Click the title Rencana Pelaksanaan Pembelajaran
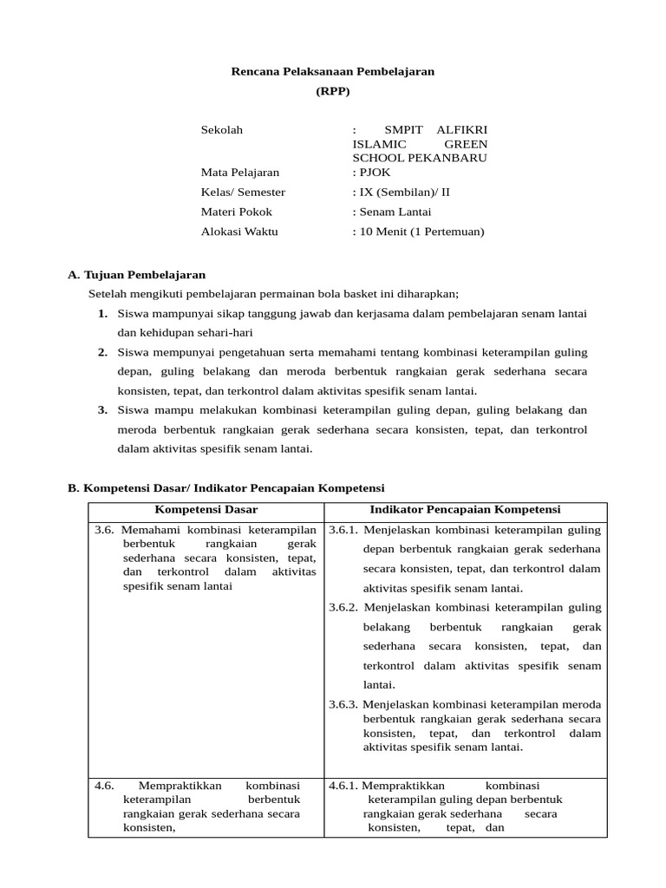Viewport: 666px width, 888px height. tap(332, 71)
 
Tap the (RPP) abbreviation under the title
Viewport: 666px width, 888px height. tap(333, 92)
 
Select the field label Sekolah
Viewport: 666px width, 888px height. tap(222, 130)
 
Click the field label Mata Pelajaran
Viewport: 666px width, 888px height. tap(240, 173)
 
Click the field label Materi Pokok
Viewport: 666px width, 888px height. tap(237, 212)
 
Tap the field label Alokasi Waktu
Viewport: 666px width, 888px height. tap(240, 232)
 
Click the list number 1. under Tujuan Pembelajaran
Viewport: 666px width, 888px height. tap(102, 313)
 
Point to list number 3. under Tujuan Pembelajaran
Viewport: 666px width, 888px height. tap(102, 410)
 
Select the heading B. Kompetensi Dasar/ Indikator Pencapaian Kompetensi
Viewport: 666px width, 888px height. tap(225, 488)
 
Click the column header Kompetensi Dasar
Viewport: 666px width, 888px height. tap(206, 510)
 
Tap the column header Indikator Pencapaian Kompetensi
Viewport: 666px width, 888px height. tap(465, 510)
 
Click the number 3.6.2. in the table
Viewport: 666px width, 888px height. tap(344, 607)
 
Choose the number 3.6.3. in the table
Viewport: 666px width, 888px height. tap(344, 704)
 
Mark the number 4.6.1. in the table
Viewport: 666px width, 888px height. tap(343, 786)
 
